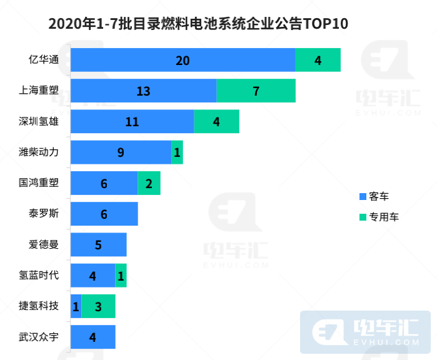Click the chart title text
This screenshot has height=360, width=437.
[x=198, y=24]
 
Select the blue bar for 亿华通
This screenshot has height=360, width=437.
[x=183, y=60]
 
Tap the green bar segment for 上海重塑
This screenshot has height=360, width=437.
[x=256, y=91]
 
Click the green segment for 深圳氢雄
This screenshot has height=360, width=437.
[x=216, y=121]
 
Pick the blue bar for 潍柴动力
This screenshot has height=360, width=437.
[x=121, y=152]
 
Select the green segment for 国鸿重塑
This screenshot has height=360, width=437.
[x=149, y=182]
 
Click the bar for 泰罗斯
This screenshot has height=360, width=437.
[x=104, y=214]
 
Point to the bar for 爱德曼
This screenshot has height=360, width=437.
[x=98, y=244]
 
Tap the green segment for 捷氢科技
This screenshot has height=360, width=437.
[x=98, y=306]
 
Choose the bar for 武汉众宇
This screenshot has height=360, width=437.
[x=93, y=337]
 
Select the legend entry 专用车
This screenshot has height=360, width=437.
[x=379, y=217]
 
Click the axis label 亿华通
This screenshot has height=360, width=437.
[x=44, y=60]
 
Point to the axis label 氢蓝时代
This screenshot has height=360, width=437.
[x=39, y=275]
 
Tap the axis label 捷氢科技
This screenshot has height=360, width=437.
[x=39, y=306]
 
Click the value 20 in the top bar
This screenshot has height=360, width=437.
[x=183, y=61]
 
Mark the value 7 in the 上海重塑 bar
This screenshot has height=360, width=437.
[x=256, y=91]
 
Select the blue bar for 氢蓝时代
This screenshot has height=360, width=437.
[x=93, y=275]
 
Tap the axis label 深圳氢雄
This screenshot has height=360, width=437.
[x=39, y=121]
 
